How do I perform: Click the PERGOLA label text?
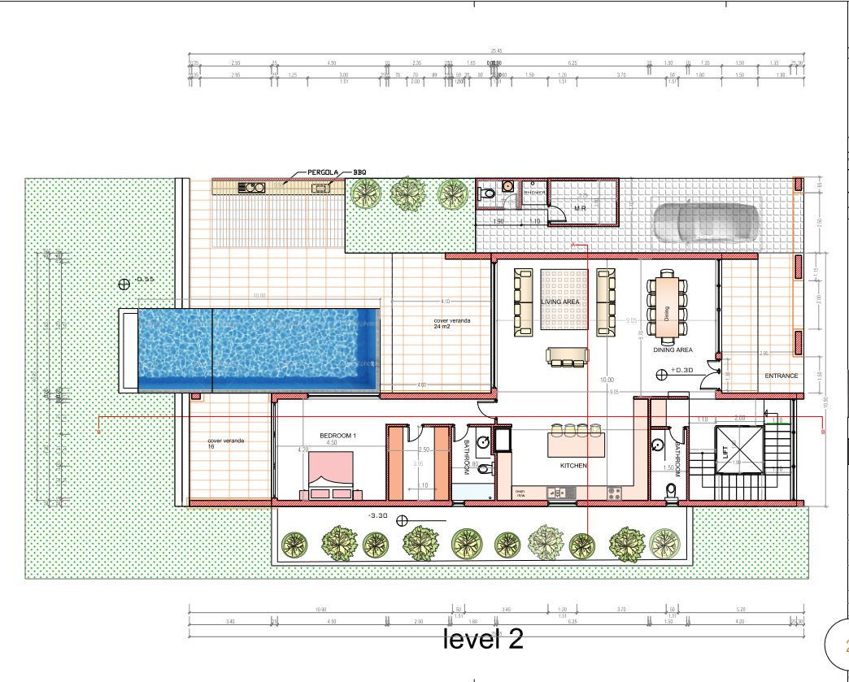pos(323,173)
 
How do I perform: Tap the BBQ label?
pos(360,173)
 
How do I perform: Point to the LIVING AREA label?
pos(560,302)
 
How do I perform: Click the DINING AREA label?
pos(673,350)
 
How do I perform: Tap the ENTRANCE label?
pos(781,376)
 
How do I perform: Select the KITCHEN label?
pos(573,466)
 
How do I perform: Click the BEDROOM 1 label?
pos(337,436)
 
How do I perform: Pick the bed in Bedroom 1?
pos(331,475)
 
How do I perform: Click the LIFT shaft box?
pos(738,450)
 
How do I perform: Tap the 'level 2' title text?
pos(483,640)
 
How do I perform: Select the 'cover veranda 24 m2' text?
pos(451,324)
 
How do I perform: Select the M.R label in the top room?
pos(581,208)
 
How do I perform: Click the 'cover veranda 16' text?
pos(225,443)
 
